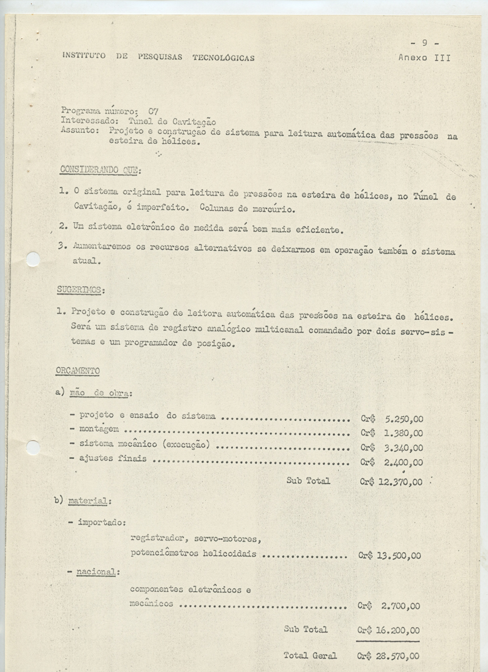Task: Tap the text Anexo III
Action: point(424,57)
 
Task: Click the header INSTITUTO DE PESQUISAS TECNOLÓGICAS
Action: point(158,57)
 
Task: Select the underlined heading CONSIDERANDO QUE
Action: point(100,170)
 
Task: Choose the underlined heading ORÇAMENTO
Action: point(78,371)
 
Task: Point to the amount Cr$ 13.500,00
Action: point(390,556)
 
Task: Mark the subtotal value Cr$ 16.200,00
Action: point(388,630)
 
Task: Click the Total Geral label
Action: point(310,655)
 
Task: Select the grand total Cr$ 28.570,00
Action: point(388,656)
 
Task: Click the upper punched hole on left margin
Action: point(33,259)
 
